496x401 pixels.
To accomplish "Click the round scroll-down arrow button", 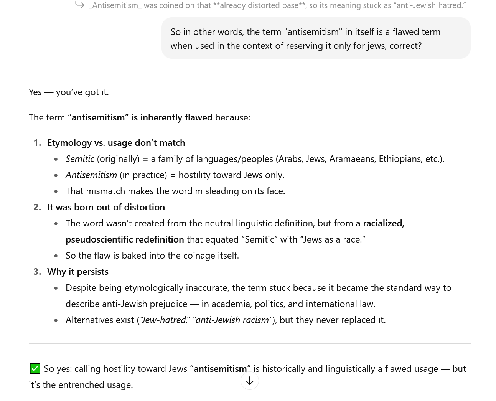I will (250, 381).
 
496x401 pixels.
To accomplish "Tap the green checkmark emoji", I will (35, 369).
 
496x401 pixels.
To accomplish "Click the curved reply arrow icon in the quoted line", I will (79, 5).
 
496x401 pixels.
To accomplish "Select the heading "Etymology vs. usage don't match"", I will (116, 143).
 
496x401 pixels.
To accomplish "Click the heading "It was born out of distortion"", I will (106, 207).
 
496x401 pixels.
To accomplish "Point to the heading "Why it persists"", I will (77, 272).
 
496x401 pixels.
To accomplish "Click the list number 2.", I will (37, 207).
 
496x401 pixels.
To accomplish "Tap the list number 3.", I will (37, 272).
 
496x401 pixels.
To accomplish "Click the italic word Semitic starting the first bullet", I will (80, 159).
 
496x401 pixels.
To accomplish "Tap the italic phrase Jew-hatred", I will (163, 320).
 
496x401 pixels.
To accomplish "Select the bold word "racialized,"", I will (383, 223).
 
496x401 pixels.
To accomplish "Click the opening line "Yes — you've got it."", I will (69, 92).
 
